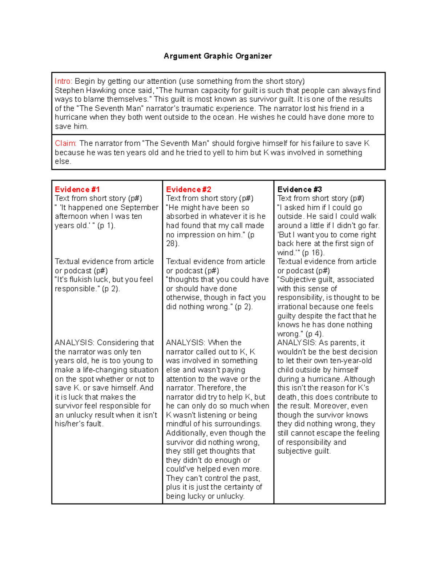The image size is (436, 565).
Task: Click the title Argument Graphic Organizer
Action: (218, 56)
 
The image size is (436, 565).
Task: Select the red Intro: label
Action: (64, 81)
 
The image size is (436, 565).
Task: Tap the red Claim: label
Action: (66, 143)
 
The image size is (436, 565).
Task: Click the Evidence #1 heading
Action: (77, 190)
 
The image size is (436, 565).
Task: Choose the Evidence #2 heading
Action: (189, 190)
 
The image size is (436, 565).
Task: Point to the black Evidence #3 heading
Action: (299, 190)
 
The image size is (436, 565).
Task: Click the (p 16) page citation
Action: (313, 253)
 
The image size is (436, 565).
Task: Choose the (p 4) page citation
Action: (314, 334)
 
